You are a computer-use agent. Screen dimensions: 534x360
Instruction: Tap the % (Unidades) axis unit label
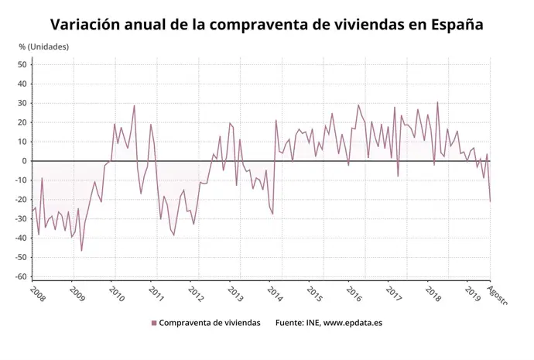tap(44, 46)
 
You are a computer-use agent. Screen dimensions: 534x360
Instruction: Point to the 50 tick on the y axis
tap(22, 64)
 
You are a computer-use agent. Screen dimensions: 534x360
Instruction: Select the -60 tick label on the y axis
tap(21, 276)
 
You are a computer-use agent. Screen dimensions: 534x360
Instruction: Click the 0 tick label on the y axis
tap(24, 161)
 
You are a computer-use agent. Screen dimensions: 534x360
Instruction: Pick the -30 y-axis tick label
tap(21, 218)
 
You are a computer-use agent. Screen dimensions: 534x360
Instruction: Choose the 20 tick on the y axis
tap(22, 122)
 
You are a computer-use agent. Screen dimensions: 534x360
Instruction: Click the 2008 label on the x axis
tap(37, 293)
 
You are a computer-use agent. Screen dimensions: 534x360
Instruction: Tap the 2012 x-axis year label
tap(196, 293)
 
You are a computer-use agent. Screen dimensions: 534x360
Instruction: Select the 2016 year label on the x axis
tap(354, 293)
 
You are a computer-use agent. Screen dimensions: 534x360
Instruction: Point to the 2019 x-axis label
tap(473, 293)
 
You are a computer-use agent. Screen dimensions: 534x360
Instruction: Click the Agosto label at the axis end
tap(498, 295)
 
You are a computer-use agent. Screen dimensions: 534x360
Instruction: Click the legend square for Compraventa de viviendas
tap(154, 323)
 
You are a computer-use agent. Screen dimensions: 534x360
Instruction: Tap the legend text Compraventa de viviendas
tap(210, 323)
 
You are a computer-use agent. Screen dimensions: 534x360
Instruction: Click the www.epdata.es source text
tap(352, 323)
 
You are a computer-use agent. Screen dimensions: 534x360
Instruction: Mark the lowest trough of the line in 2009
tap(81, 251)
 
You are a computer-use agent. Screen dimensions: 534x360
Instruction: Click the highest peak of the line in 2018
tap(437, 102)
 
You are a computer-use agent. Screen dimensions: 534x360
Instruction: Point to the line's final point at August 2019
tap(490, 201)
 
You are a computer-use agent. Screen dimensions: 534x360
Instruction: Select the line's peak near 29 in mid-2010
tap(134, 105)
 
